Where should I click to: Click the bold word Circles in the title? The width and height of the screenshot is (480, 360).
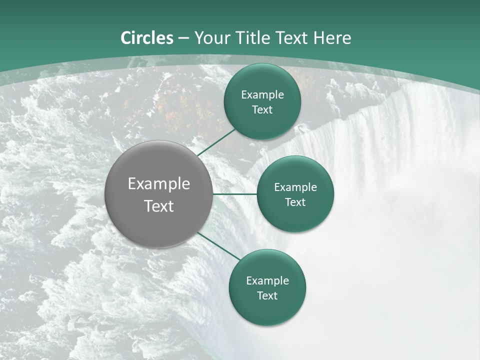[x=147, y=38]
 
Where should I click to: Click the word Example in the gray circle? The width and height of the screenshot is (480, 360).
[x=159, y=184]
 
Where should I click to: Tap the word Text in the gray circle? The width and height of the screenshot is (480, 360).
[x=159, y=206]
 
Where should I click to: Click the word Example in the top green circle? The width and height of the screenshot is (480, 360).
[x=262, y=94]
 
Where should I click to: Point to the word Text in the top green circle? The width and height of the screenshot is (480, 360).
[x=262, y=109]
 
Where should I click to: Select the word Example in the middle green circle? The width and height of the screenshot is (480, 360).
[x=295, y=187]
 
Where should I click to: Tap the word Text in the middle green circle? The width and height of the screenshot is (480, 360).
[x=295, y=202]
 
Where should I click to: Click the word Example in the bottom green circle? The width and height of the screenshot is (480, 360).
[x=267, y=280]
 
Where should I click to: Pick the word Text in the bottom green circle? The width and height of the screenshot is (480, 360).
[x=267, y=295]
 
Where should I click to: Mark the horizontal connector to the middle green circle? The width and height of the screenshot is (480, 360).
[x=235, y=194]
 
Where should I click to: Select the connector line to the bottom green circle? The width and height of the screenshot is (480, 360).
[x=220, y=246]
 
